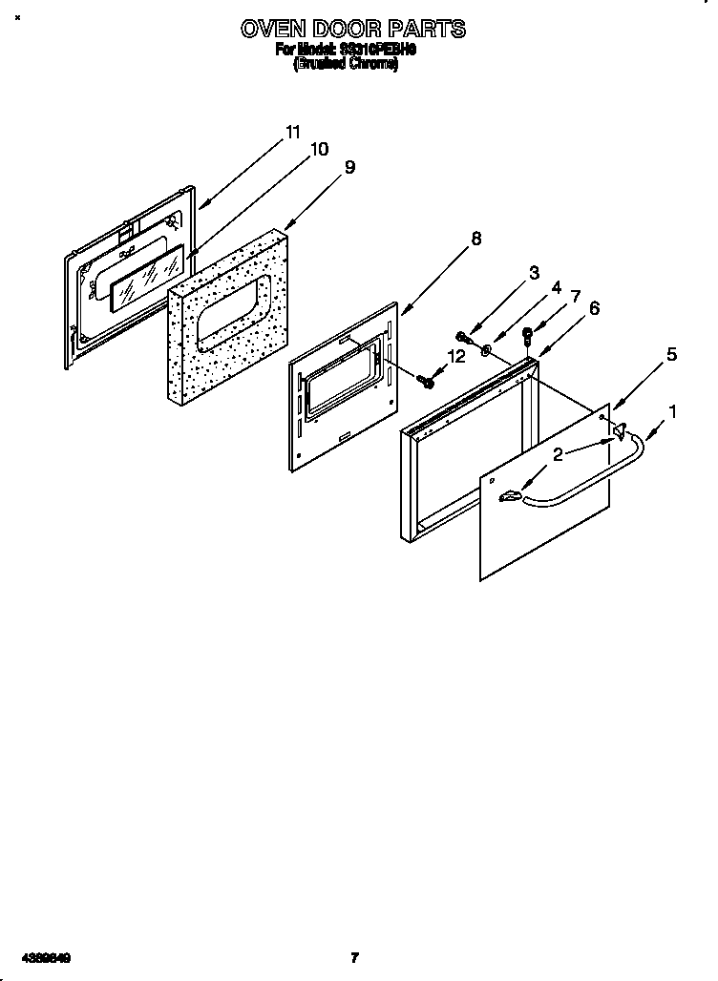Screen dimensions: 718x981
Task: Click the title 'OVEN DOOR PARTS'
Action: (353, 29)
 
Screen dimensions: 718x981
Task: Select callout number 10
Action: (319, 149)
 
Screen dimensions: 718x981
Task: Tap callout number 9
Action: (349, 166)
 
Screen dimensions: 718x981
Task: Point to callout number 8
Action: (476, 238)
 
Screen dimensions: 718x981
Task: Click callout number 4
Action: (557, 288)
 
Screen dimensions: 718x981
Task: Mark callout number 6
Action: (594, 307)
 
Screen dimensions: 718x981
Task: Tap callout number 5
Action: (671, 355)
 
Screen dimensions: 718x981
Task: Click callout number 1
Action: (673, 412)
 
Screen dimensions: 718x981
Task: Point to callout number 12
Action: (456, 356)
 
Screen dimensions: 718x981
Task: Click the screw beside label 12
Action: (425, 381)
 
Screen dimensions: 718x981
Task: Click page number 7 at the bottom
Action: (354, 957)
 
